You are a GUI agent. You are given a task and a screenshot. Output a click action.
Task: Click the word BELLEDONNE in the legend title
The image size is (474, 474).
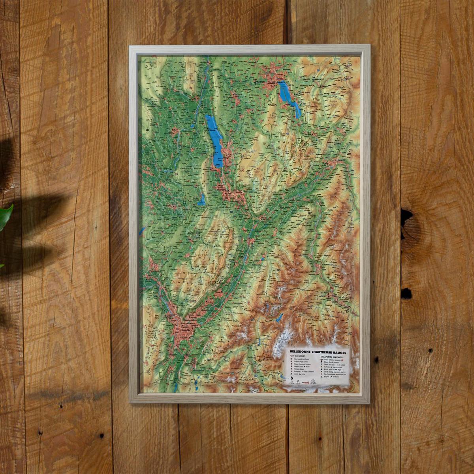click(x=300, y=351)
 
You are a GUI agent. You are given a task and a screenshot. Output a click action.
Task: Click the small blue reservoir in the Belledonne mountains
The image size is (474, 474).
click(x=279, y=318)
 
